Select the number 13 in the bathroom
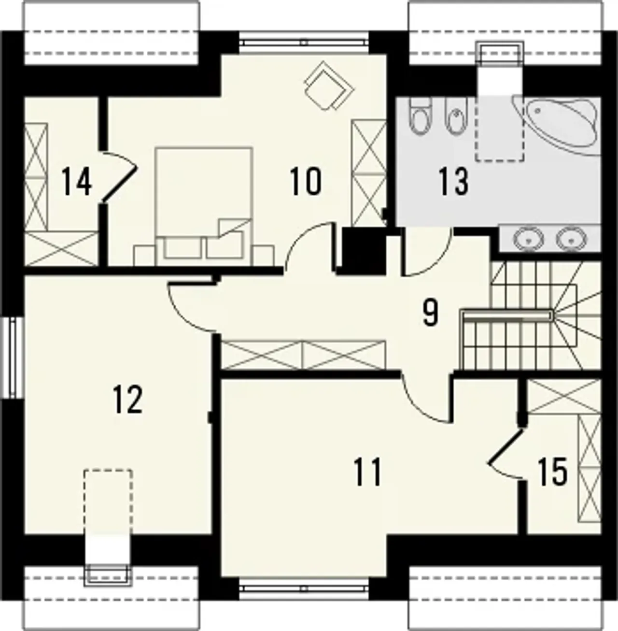(x=453, y=181)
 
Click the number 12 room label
(x=127, y=399)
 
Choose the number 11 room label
(x=367, y=472)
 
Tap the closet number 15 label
(x=553, y=472)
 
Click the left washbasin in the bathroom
(x=528, y=238)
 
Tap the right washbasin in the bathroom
(x=571, y=238)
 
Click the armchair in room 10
(x=328, y=86)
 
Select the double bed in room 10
(x=204, y=206)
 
